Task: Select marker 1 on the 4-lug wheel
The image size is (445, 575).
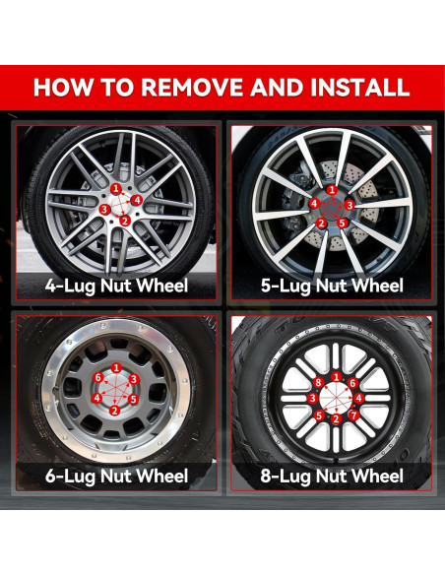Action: (116, 189)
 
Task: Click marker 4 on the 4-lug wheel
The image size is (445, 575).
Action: (137, 200)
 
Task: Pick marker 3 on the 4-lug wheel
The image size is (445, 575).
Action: (104, 210)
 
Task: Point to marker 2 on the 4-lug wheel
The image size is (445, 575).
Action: (125, 221)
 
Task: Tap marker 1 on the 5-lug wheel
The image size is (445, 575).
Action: (332, 190)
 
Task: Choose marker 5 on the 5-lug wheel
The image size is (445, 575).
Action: (342, 223)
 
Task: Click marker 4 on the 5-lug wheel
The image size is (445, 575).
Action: (314, 204)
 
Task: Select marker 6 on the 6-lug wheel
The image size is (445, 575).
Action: (97, 378)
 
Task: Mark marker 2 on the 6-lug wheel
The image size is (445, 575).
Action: (115, 411)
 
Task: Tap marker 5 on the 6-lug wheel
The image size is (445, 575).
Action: (133, 400)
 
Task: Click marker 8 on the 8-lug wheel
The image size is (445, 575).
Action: (318, 383)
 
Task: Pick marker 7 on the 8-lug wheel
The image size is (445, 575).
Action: (353, 415)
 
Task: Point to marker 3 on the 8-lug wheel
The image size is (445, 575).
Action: (312, 398)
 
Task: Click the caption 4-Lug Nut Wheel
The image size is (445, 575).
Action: (116, 287)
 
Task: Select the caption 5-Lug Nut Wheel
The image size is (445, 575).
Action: (332, 287)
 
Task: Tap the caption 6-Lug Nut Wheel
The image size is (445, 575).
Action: (116, 477)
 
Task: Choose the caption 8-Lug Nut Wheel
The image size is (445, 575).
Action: (332, 477)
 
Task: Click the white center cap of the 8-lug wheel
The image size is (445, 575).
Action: (336, 399)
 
